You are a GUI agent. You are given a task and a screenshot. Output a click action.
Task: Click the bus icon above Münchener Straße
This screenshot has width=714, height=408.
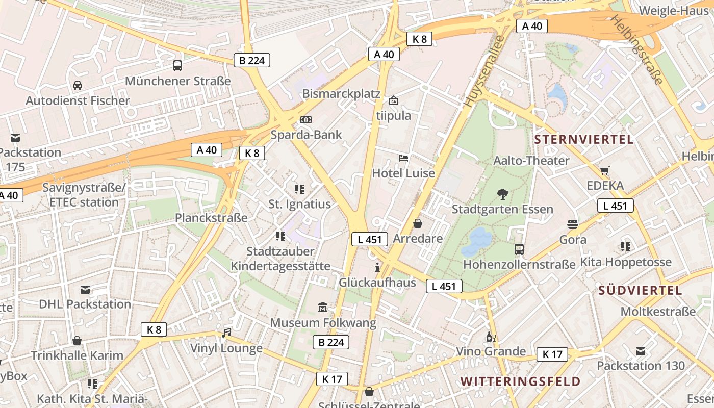[177, 65]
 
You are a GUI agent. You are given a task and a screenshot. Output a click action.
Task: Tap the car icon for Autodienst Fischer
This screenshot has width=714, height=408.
[78, 85]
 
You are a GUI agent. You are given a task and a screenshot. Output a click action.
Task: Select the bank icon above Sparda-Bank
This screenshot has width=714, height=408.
[306, 119]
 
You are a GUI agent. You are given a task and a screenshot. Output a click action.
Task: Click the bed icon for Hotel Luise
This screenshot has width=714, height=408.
[403, 158]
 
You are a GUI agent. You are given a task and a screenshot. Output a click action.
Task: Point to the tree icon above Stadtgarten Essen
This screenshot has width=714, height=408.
[502, 194]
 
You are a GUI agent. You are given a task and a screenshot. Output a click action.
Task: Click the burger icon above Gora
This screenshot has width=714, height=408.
[573, 224]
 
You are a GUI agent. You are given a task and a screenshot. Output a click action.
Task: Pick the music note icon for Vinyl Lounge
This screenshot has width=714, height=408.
[226, 333]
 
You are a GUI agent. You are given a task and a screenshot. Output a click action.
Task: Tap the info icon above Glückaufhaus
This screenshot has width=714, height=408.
[377, 267]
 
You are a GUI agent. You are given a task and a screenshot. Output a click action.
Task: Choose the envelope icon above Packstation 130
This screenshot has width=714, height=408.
[641, 351]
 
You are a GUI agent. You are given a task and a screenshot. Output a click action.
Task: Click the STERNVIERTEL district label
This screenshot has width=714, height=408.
[584, 139]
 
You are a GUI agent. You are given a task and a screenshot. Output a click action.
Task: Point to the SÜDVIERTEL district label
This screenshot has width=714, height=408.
[640, 290]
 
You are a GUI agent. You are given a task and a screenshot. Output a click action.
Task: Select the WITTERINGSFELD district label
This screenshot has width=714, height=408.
[520, 381]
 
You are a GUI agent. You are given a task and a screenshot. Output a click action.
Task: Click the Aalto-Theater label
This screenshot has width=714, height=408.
[531, 160]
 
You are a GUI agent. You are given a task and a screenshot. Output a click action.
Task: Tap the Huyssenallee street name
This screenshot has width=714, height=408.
[484, 71]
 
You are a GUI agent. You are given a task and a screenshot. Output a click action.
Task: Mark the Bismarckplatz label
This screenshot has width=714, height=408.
[341, 94]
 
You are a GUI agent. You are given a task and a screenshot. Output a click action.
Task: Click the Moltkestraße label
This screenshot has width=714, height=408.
[658, 311]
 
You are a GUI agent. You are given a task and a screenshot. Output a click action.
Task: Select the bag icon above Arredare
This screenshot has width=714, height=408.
[418, 223]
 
